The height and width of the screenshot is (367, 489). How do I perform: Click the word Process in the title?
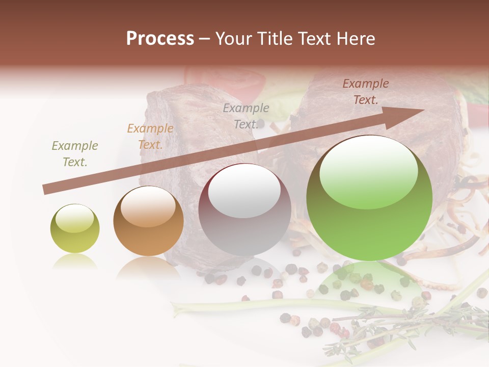coord(160,39)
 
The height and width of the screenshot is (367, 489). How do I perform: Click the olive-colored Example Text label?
coord(75,154)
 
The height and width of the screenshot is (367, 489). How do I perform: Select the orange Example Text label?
coord(150,137)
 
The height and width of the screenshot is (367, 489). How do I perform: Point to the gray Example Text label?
coord(246,116)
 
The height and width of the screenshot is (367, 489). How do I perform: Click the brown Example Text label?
coord(366,92)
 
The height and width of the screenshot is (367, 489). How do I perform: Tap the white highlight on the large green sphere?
coord(368,166)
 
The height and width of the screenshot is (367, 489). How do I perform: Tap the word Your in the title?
coord(233,39)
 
